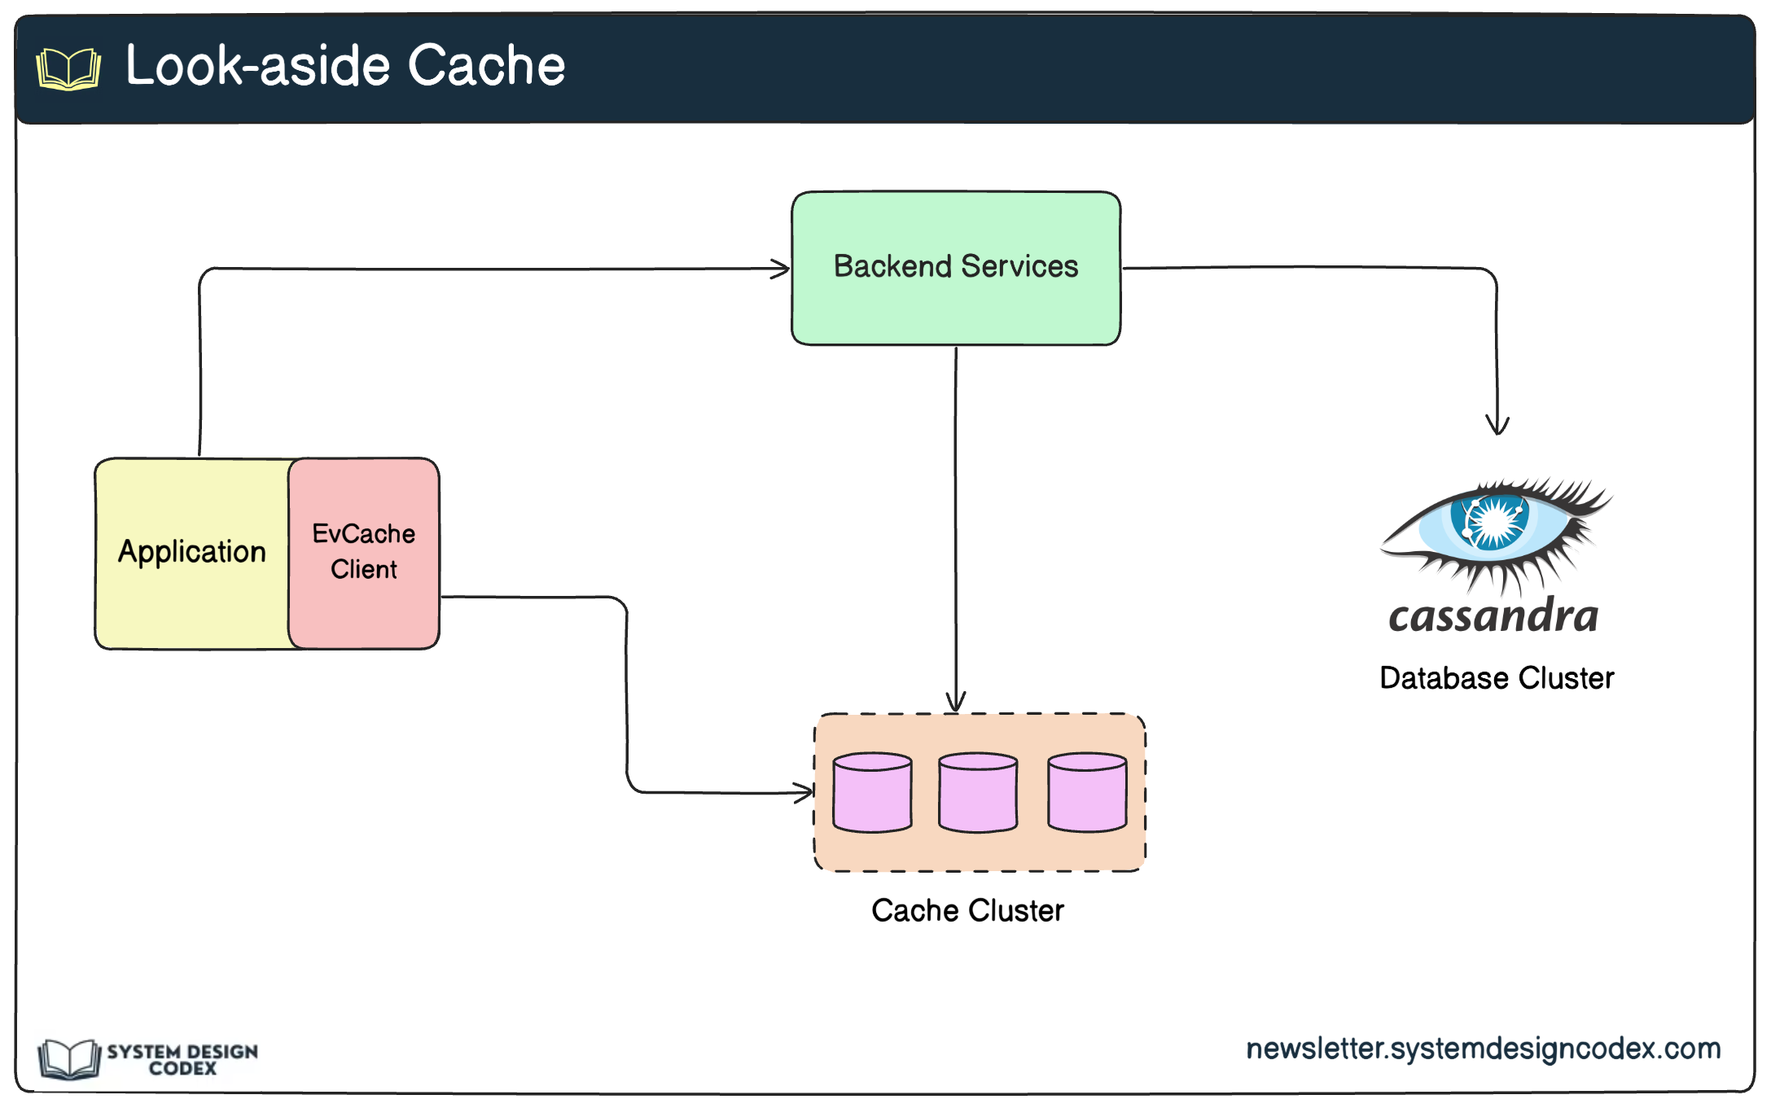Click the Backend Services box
(956, 269)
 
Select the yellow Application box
(192, 554)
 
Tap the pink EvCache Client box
(364, 554)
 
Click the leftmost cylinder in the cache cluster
(872, 792)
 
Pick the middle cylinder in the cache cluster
(978, 792)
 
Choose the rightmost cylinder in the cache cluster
(1087, 792)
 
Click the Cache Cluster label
(967, 910)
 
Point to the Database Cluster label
(1497, 678)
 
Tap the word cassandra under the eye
(1493, 616)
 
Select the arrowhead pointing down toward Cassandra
(1497, 425)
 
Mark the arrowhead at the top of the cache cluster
(956, 702)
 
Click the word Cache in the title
(486, 65)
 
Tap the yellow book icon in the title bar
(69, 68)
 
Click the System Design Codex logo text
(182, 1060)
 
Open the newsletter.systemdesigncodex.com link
(1484, 1049)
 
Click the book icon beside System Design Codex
(69, 1059)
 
